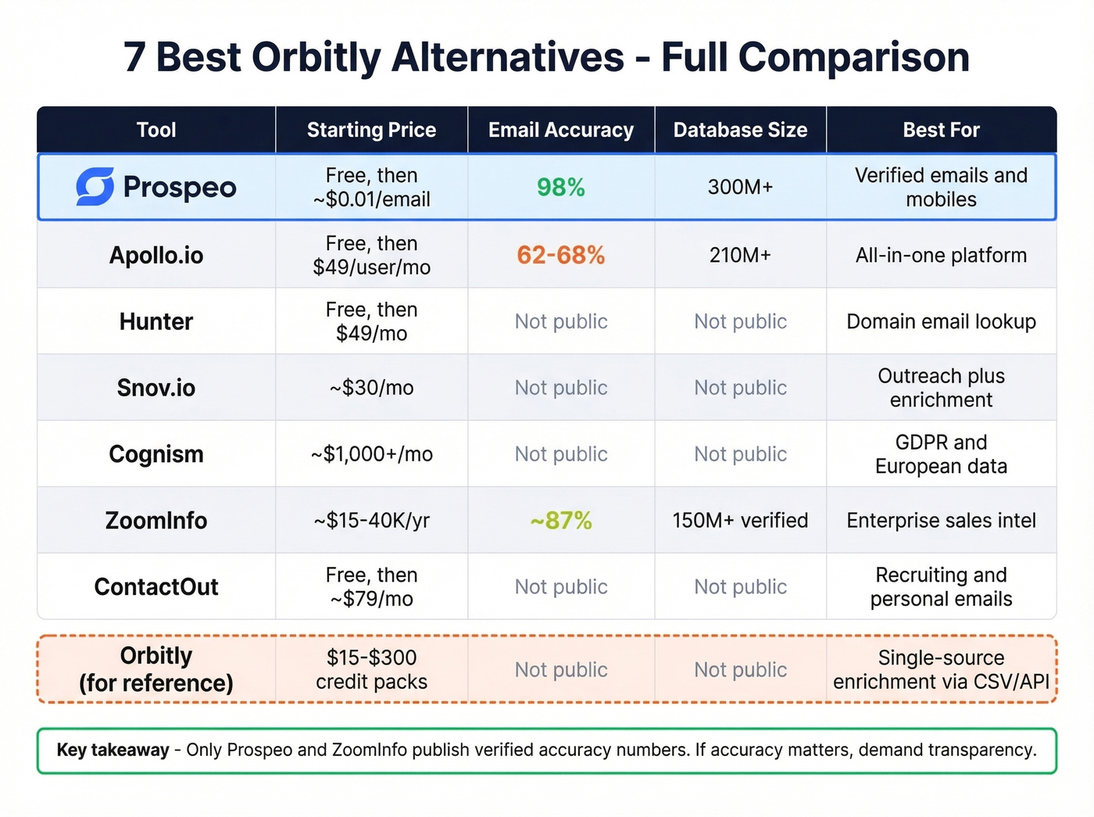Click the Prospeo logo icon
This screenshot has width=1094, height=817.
point(95,187)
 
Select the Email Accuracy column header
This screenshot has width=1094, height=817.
point(561,130)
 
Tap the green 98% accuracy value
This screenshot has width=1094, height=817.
point(561,188)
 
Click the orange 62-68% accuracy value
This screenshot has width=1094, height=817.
point(561,255)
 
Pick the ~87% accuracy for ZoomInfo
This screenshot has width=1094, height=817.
point(561,521)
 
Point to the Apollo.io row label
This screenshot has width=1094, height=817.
point(156,255)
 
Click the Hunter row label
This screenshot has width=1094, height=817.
point(156,321)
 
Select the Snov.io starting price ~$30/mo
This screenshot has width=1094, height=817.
point(371,388)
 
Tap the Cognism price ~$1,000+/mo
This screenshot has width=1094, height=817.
point(371,454)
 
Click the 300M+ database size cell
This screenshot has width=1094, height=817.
point(740,188)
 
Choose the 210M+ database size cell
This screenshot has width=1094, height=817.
point(740,255)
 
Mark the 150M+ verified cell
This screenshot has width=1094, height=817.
point(740,521)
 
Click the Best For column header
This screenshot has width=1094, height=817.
point(941,130)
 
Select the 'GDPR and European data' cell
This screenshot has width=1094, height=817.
point(941,454)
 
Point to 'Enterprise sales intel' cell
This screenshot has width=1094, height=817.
point(941,521)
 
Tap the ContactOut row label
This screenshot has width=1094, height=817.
point(156,587)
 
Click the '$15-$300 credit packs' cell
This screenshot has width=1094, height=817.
point(371,669)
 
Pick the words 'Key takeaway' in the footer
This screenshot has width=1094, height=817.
point(113,751)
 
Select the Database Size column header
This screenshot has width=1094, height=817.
point(740,130)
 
